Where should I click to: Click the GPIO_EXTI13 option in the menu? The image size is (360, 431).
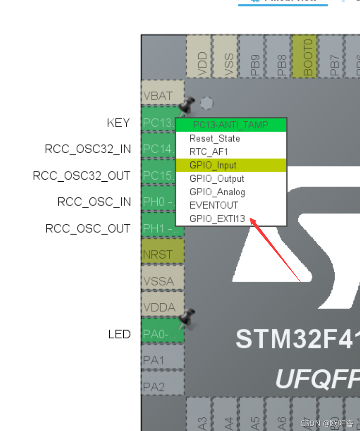click(217, 219)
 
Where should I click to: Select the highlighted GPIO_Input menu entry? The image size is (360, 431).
click(213, 165)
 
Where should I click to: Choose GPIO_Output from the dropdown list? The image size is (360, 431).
click(217, 178)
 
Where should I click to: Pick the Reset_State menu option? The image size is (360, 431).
click(214, 139)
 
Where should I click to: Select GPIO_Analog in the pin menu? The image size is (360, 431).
click(217, 192)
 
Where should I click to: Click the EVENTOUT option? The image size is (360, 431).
click(214, 205)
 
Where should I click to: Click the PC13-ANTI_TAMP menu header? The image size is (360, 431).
click(231, 125)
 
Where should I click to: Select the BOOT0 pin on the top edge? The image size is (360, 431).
click(308, 56)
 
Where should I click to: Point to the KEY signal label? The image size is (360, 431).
click(119, 123)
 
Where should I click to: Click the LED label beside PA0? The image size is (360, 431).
click(119, 334)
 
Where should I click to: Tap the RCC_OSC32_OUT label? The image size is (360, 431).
click(82, 176)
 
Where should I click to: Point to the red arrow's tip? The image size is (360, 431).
click(251, 219)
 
